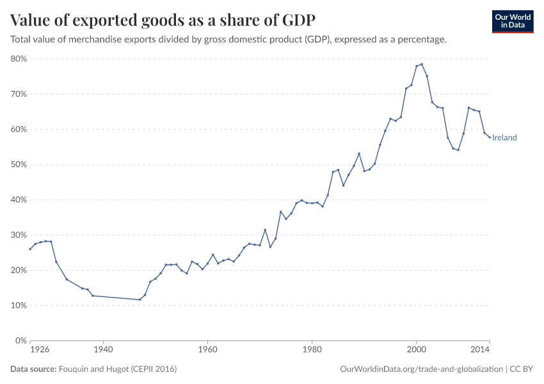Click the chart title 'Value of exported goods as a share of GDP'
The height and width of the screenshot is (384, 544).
point(163,20)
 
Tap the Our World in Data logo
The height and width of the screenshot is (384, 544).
point(512,21)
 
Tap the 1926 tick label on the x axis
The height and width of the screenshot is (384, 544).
point(40,350)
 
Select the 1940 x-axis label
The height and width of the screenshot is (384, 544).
point(103,350)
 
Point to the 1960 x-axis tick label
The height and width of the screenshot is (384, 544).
point(207,350)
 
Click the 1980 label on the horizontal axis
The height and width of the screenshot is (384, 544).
point(312,350)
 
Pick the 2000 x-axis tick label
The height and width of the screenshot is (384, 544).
point(416,350)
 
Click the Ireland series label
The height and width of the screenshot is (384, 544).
point(504,138)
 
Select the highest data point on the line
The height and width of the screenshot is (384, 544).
point(422,64)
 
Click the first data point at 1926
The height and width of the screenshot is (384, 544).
point(30,249)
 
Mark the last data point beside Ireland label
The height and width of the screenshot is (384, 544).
point(490,137)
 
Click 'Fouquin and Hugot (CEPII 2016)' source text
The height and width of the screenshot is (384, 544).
point(118,369)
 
